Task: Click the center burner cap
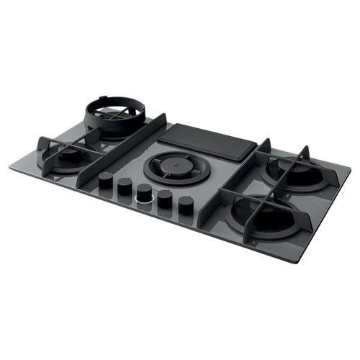171,168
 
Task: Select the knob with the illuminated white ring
145,192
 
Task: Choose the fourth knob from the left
165,197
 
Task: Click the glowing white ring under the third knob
145,202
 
